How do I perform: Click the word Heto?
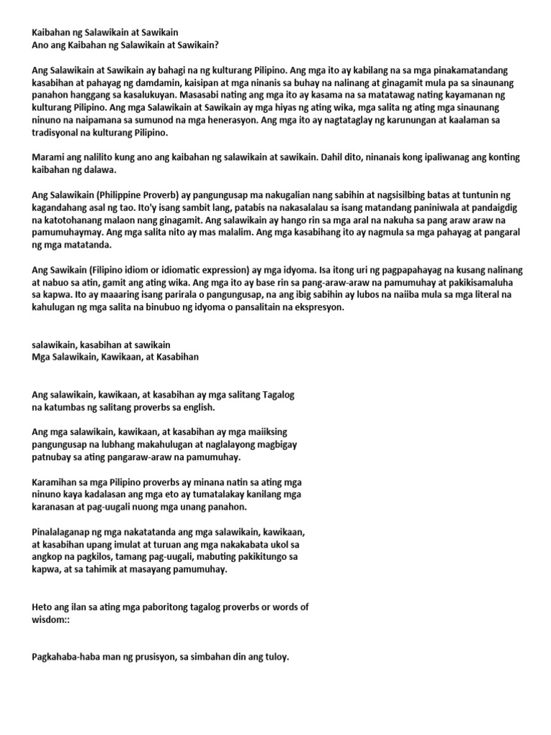point(43,607)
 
